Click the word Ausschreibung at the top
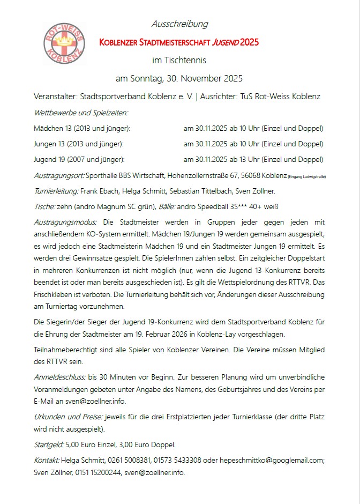pyautogui.click(x=179, y=24)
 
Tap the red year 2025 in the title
pyautogui.click(x=250, y=42)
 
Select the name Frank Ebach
pyautogui.click(x=100, y=190)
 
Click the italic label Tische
pyautogui.click(x=43, y=206)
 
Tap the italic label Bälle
pyautogui.click(x=173, y=206)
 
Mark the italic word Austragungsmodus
pyautogui.click(x=65, y=222)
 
